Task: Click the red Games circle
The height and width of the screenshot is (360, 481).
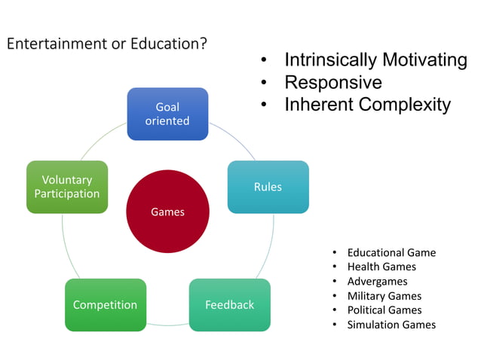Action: coord(167,212)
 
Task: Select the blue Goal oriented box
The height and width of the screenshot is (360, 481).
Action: coord(167,114)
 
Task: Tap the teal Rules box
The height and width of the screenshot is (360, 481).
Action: coord(268,187)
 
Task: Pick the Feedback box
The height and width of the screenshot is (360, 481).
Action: coord(229,305)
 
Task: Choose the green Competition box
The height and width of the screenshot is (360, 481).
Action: coord(105,305)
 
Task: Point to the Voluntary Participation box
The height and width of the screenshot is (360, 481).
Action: coord(67,187)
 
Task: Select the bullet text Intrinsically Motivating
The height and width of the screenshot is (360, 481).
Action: coord(375,60)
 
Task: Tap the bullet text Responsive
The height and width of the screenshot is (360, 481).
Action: coord(332,82)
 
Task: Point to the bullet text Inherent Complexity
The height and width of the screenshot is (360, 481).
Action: coord(366,104)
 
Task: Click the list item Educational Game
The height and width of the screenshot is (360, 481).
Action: coord(391,253)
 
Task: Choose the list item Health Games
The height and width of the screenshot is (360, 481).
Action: coord(381,267)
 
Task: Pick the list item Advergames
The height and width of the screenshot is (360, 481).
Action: coord(377,281)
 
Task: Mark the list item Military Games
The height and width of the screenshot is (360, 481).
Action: coord(384,296)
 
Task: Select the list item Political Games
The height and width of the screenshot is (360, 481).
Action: coord(384,310)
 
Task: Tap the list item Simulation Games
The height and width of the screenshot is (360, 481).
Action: coord(391,325)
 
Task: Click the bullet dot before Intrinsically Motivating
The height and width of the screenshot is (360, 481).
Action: coord(263,61)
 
